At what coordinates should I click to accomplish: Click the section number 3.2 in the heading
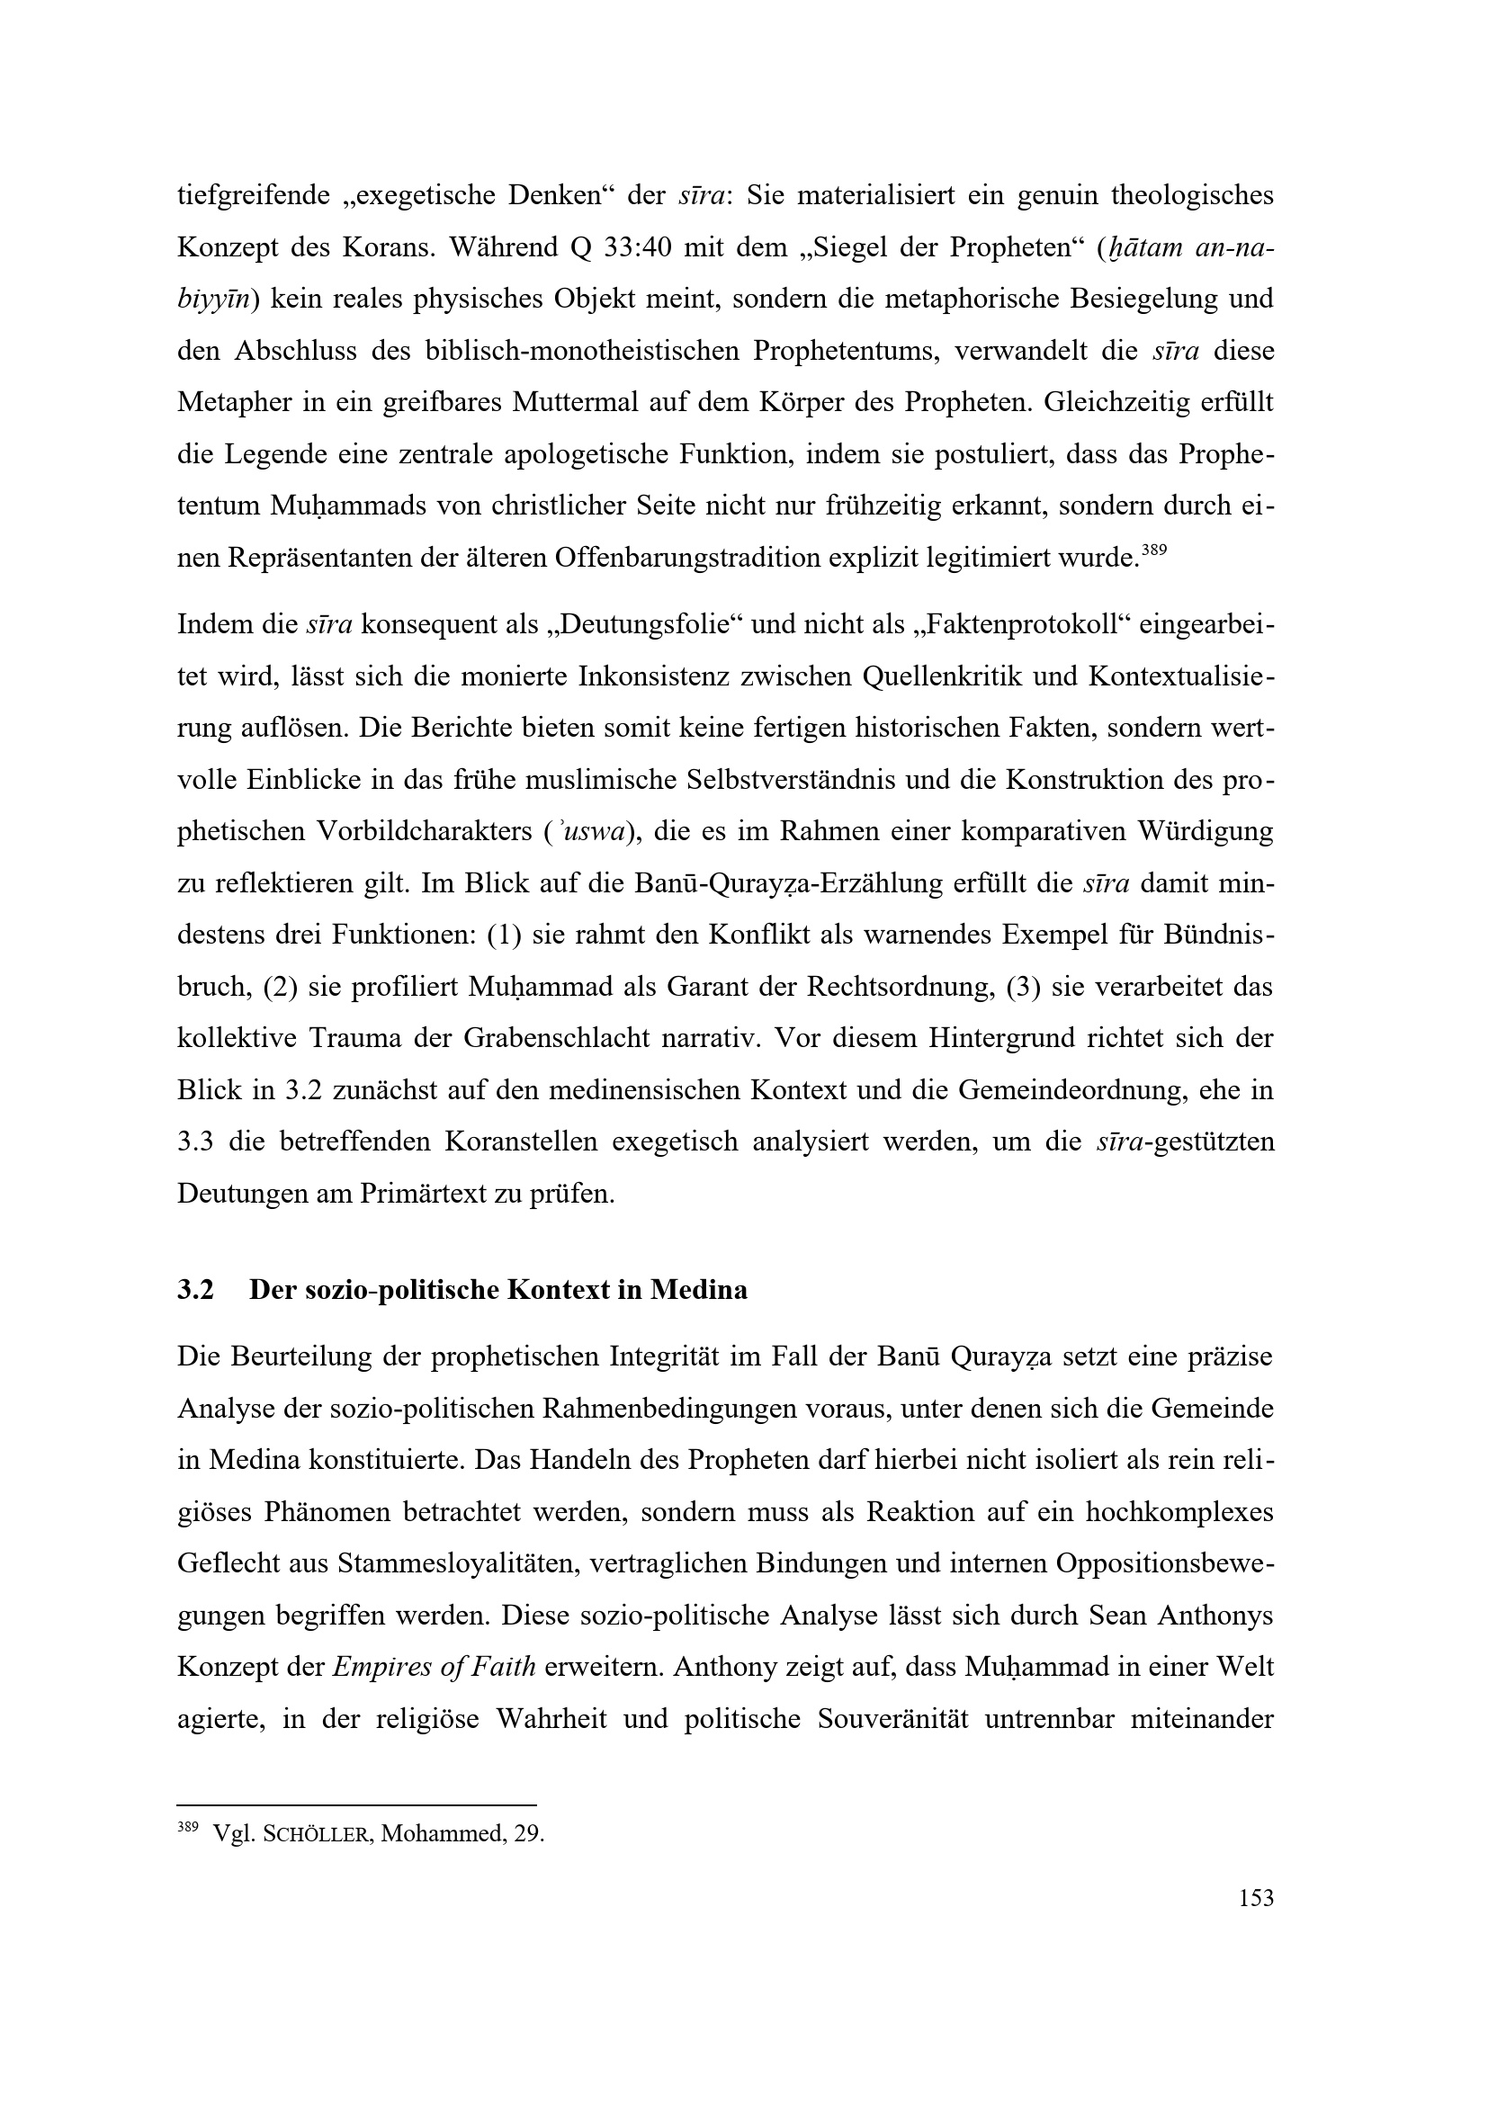point(195,1290)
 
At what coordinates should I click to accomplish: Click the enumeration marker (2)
point(279,988)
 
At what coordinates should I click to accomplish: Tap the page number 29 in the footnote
point(529,1833)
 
